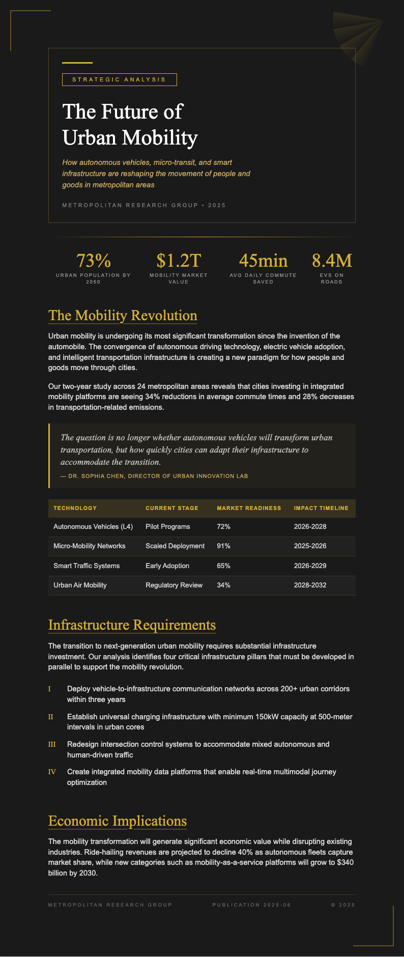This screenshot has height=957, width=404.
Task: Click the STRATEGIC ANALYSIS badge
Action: point(119,79)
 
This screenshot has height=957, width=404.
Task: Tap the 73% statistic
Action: point(93,261)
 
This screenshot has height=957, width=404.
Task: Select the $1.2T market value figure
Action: point(179,261)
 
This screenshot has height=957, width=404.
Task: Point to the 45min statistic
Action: point(263,261)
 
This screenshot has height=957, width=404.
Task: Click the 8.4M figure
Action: point(332,261)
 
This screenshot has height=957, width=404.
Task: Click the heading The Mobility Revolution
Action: point(123,316)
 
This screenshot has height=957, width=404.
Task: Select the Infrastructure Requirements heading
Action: point(132,625)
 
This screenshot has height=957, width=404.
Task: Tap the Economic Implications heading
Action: point(118,821)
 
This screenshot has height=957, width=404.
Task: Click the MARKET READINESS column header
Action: point(249,508)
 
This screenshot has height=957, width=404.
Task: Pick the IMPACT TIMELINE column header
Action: point(321,508)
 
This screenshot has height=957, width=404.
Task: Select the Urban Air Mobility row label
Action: point(80,585)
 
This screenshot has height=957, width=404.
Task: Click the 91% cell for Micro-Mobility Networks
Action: point(223,546)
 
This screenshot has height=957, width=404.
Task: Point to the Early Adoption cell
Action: point(167,566)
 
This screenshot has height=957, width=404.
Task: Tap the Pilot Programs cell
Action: point(167,527)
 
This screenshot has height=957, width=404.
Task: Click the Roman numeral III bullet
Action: point(52,745)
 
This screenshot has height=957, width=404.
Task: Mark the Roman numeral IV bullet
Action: point(52,772)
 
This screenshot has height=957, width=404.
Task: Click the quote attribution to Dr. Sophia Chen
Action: point(154,476)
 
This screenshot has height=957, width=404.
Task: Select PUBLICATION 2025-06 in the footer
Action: point(251,905)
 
